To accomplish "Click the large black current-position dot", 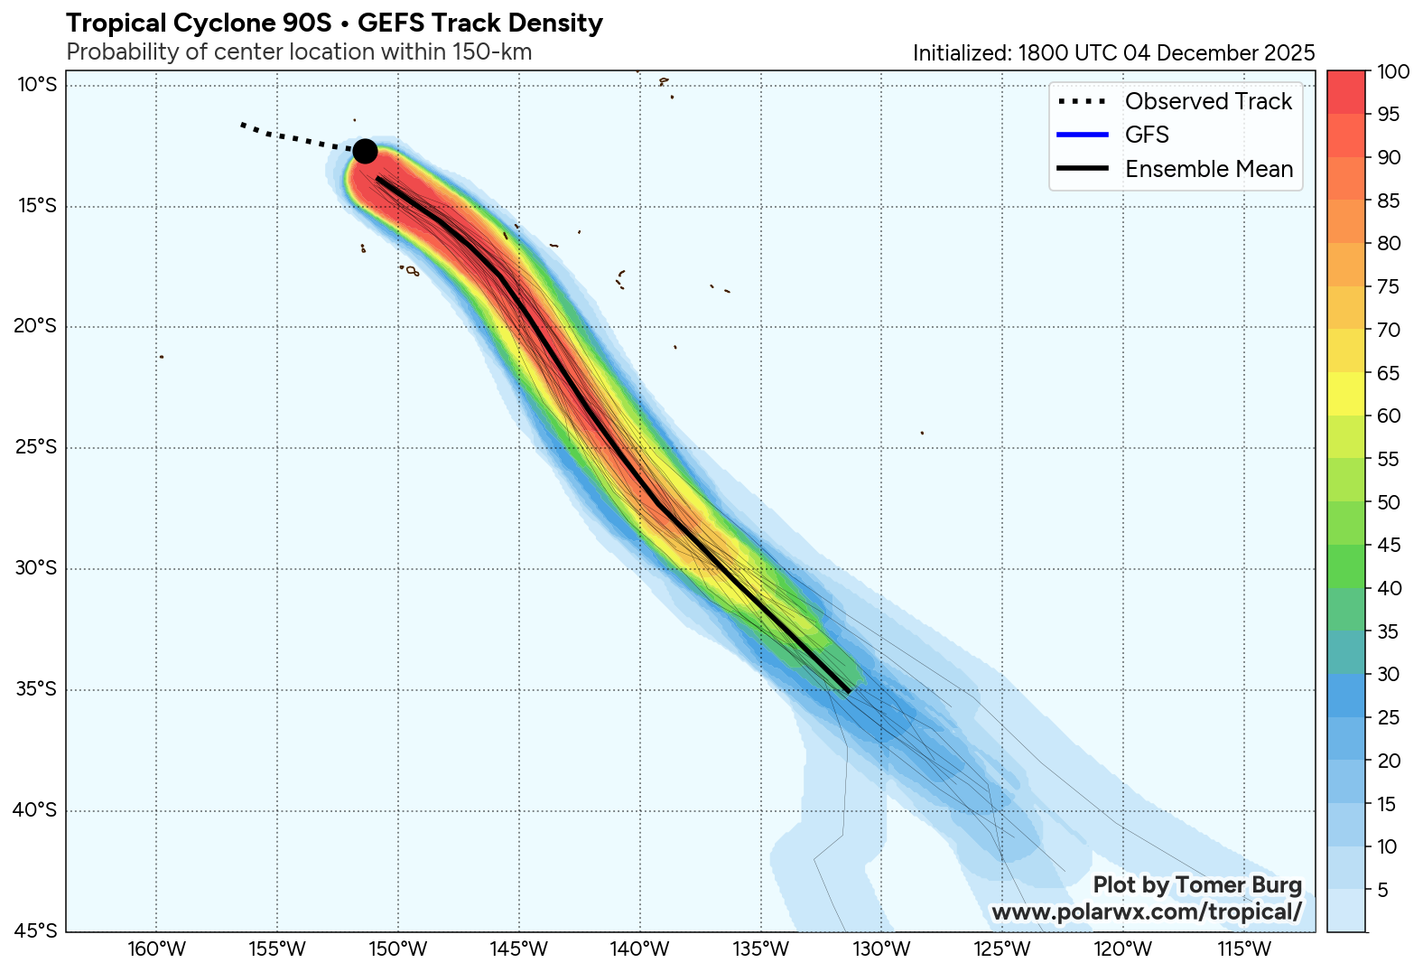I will point(365,151).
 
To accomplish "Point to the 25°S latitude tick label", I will point(35,447).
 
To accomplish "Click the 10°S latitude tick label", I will point(36,85).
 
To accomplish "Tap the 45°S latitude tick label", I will point(35,930).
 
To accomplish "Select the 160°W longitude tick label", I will point(156,949).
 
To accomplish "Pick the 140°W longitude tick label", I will point(640,949).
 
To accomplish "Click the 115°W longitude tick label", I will point(1244,949).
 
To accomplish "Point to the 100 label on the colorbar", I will point(1393,71).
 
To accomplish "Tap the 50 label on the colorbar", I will point(1389,502).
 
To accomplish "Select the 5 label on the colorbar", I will point(1383,890).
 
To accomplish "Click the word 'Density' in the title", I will point(559,23).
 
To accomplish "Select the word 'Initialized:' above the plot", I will point(962,53).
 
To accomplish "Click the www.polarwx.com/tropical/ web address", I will point(1147,912).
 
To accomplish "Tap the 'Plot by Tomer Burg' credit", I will point(1197,885).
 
